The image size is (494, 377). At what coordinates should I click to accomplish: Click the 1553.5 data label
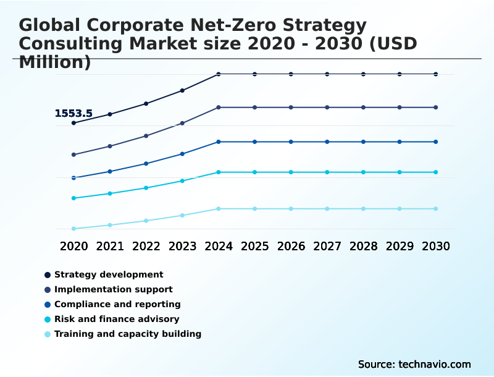(73, 114)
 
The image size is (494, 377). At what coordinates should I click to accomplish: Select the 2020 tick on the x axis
(73, 246)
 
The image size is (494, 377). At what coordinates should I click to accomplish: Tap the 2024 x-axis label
(219, 246)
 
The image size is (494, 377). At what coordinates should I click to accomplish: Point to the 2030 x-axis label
(436, 246)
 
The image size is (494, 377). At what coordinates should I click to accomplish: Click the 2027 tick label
(327, 246)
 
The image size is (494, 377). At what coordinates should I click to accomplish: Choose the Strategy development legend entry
(109, 274)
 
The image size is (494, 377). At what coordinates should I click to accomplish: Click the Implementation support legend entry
(113, 289)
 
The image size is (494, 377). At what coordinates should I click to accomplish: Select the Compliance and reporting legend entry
(117, 304)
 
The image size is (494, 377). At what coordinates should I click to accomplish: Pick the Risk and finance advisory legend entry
(117, 319)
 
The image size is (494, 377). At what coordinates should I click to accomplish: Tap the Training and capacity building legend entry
(128, 334)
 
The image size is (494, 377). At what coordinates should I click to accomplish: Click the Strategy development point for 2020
(73, 123)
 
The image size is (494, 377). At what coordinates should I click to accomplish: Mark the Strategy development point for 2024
(219, 74)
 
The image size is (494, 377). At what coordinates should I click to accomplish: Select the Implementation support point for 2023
(182, 123)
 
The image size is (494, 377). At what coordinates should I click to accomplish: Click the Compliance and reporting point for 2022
(146, 164)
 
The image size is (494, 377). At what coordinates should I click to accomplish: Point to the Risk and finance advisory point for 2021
(110, 193)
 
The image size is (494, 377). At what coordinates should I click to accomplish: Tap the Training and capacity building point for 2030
(436, 209)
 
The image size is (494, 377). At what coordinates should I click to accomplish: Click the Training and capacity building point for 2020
(73, 229)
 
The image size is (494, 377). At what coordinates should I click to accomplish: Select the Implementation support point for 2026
(291, 108)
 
